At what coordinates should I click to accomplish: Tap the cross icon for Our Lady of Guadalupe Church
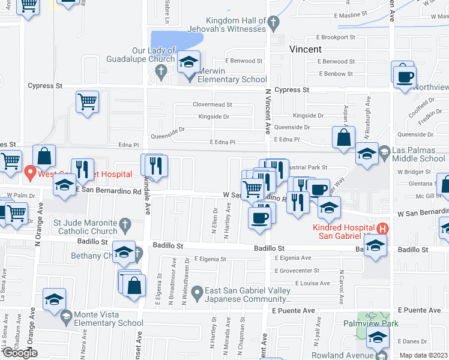(x=160, y=71)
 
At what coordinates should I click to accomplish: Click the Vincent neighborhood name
(x=306, y=49)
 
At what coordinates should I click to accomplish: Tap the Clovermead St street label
(x=212, y=104)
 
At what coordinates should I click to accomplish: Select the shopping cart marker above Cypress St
(x=88, y=102)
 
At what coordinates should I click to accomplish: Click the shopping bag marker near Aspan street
(x=343, y=137)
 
